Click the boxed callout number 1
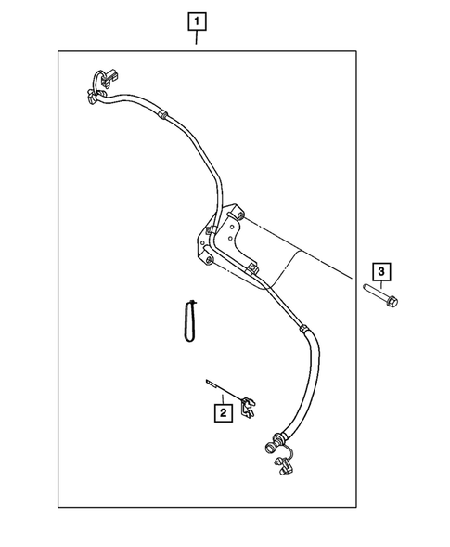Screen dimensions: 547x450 click(196, 19)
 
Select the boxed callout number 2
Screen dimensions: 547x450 click(223, 410)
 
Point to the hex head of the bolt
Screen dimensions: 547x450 click(394, 302)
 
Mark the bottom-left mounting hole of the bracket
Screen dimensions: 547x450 click(207, 263)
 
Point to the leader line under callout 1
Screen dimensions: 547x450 click(196, 37)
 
